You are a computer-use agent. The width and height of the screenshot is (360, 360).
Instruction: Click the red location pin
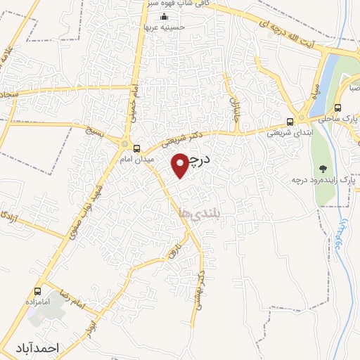click(181, 165)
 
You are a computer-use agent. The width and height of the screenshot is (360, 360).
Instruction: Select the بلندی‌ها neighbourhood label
click(198, 212)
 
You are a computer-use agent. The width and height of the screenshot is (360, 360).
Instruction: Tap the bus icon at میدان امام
click(136, 148)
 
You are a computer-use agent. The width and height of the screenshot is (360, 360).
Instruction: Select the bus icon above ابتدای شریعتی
click(290, 121)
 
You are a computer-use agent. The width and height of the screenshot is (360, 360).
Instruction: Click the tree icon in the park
click(323, 168)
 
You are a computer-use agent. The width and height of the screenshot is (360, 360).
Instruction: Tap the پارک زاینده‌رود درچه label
click(323, 180)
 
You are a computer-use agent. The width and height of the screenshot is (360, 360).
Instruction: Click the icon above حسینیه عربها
click(165, 17)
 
